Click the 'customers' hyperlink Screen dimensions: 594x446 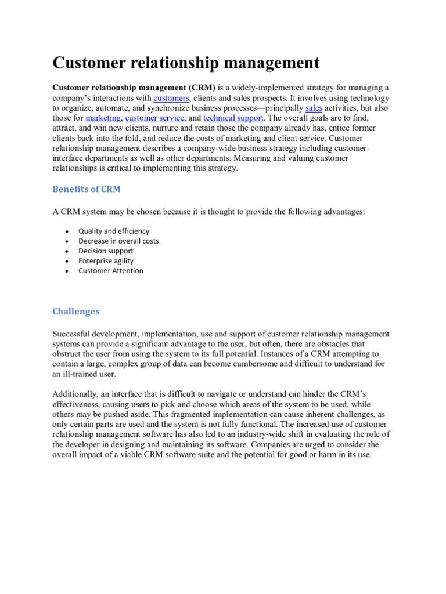point(171,98)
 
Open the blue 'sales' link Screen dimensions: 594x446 point(314,108)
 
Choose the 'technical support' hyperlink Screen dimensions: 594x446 point(233,118)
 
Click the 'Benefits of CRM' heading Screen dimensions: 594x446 point(87,189)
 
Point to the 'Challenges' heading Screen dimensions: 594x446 point(76,312)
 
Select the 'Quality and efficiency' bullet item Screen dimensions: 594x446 point(114,231)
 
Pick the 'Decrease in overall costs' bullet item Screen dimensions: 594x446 point(118,241)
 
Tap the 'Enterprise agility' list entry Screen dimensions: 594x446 point(106,260)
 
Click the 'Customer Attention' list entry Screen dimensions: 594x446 point(111,270)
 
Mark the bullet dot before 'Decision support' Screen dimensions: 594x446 point(67,251)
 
